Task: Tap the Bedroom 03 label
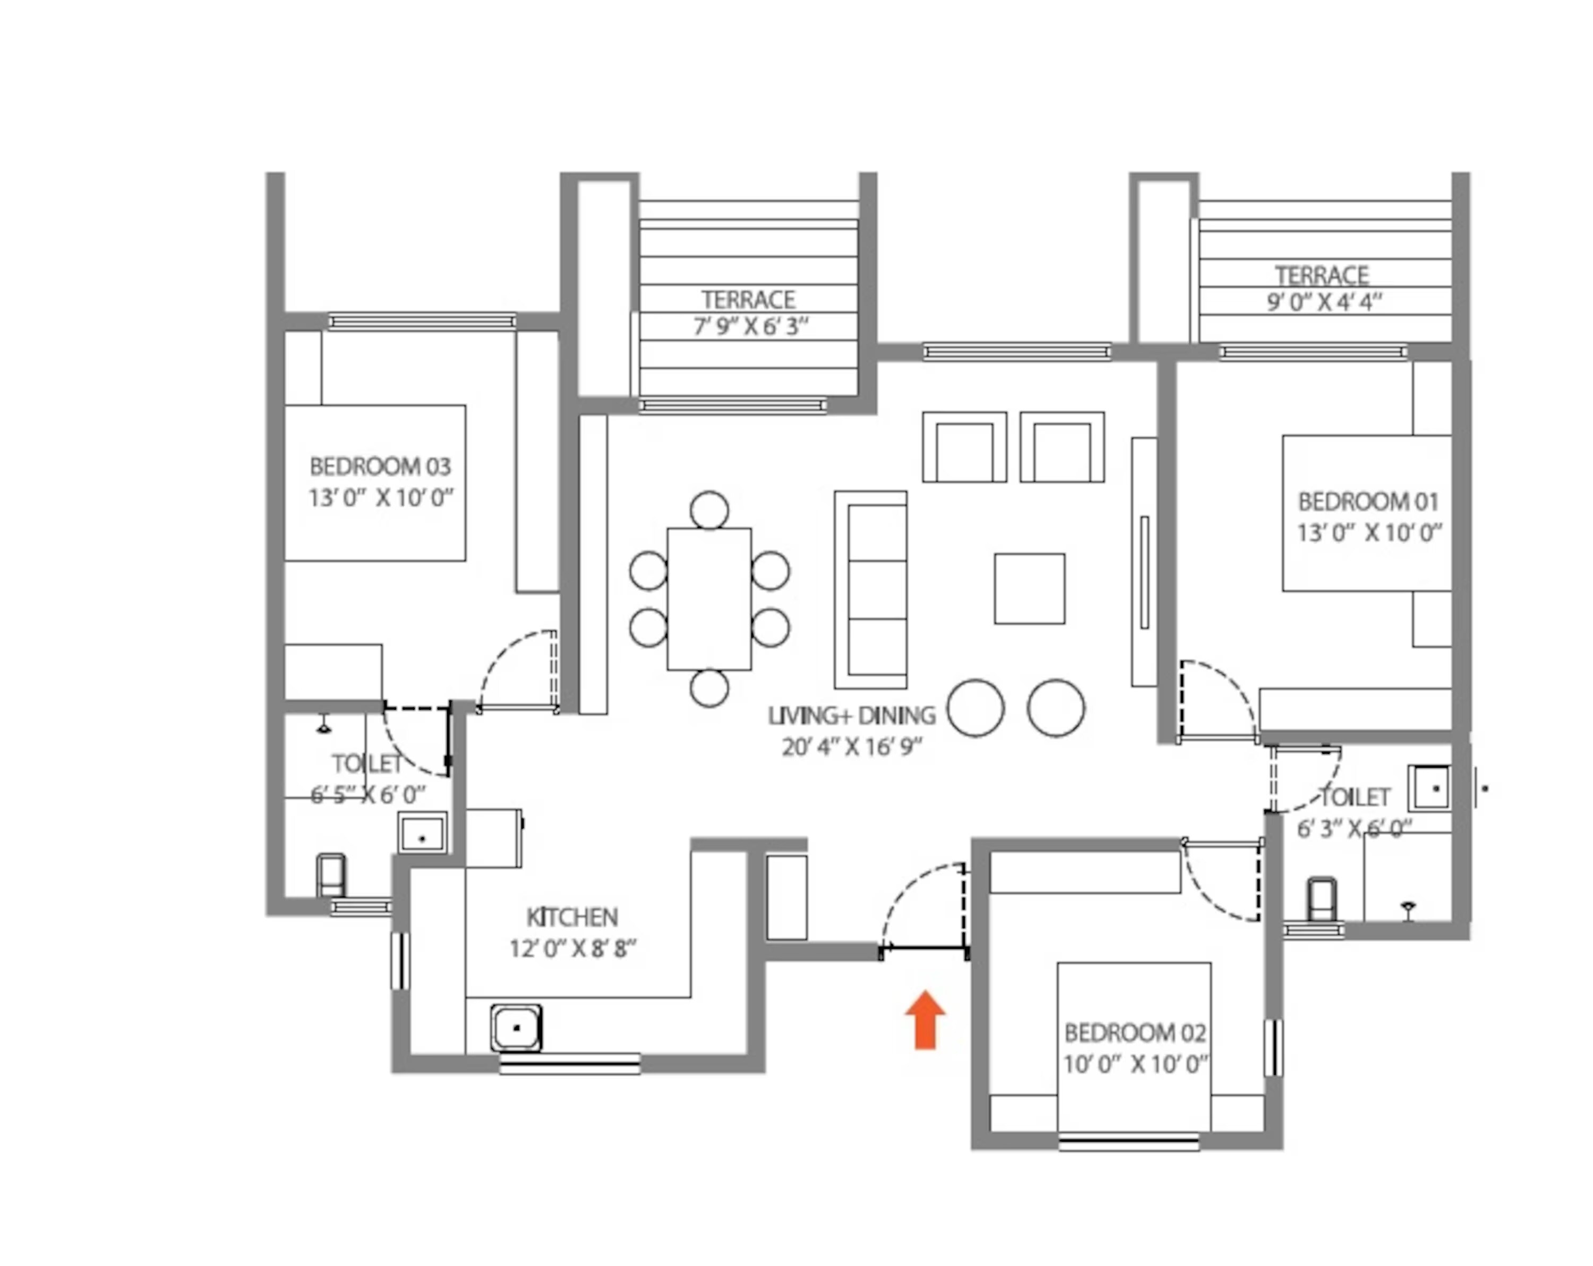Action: (x=380, y=467)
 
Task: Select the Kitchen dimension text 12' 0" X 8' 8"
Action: (x=572, y=948)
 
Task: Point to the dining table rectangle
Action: (x=709, y=599)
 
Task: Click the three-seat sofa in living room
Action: (x=872, y=589)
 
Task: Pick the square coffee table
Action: (x=1029, y=588)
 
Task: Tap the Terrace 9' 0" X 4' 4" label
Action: (x=1323, y=289)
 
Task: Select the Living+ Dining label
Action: (x=851, y=716)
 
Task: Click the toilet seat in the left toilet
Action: (x=330, y=875)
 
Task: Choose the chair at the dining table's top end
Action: (x=709, y=510)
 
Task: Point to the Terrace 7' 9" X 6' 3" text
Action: (x=749, y=312)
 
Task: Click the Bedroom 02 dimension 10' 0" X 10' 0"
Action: (x=1135, y=1064)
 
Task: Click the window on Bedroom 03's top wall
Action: (x=422, y=321)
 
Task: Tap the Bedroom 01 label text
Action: (x=1368, y=502)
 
